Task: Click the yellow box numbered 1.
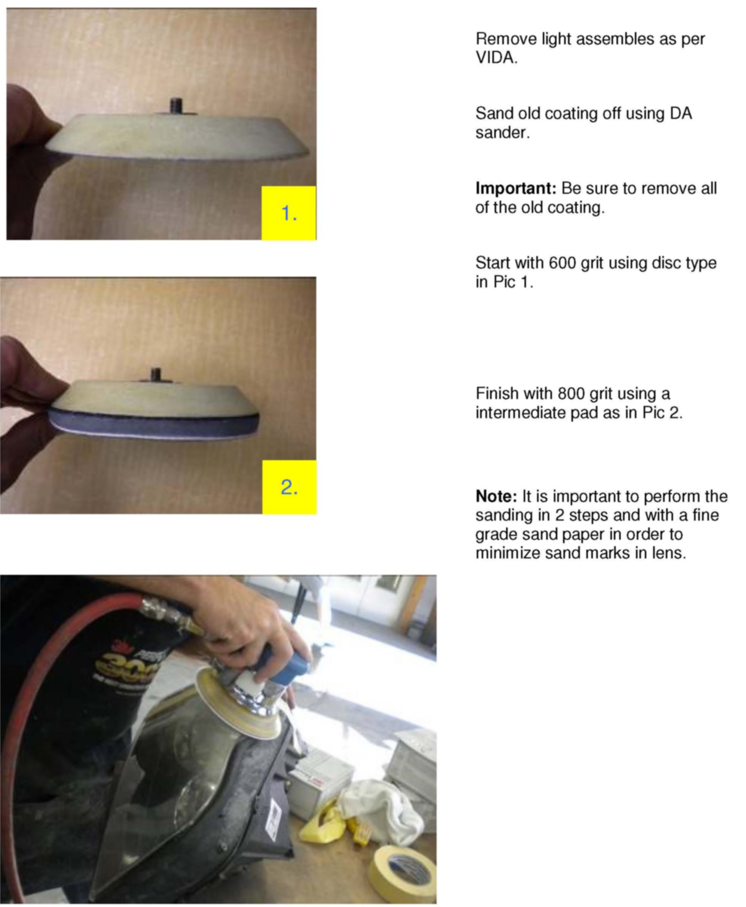point(289,213)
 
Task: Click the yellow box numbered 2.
point(289,487)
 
